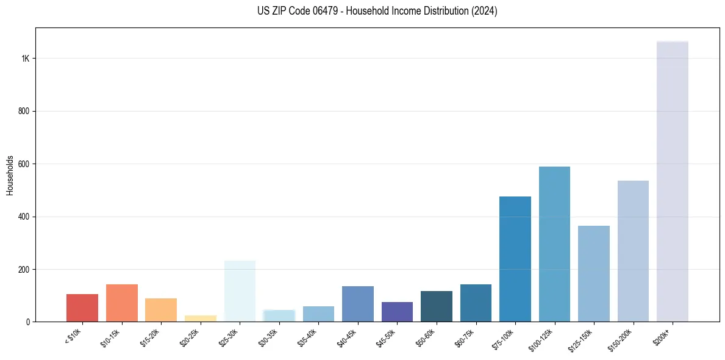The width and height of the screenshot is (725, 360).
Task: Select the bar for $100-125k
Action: tap(554, 244)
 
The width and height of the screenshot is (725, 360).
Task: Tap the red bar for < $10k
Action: tap(82, 308)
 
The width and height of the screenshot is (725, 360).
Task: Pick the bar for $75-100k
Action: tap(515, 259)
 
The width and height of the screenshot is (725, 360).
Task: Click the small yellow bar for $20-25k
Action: tap(200, 319)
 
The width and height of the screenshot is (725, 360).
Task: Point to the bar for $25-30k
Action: tap(240, 291)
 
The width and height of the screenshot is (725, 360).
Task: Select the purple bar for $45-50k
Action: tap(397, 312)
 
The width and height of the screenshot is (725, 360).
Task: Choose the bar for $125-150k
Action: tap(593, 274)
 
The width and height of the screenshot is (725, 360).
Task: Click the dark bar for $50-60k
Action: tap(436, 306)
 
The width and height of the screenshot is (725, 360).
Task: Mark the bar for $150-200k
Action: tap(633, 251)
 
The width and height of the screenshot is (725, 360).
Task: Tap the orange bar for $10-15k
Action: tap(121, 303)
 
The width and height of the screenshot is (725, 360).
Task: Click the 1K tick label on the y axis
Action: tap(26, 59)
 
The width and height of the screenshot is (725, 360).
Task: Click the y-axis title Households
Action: tap(10, 175)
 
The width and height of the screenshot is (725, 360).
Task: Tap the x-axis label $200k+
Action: tap(663, 336)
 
